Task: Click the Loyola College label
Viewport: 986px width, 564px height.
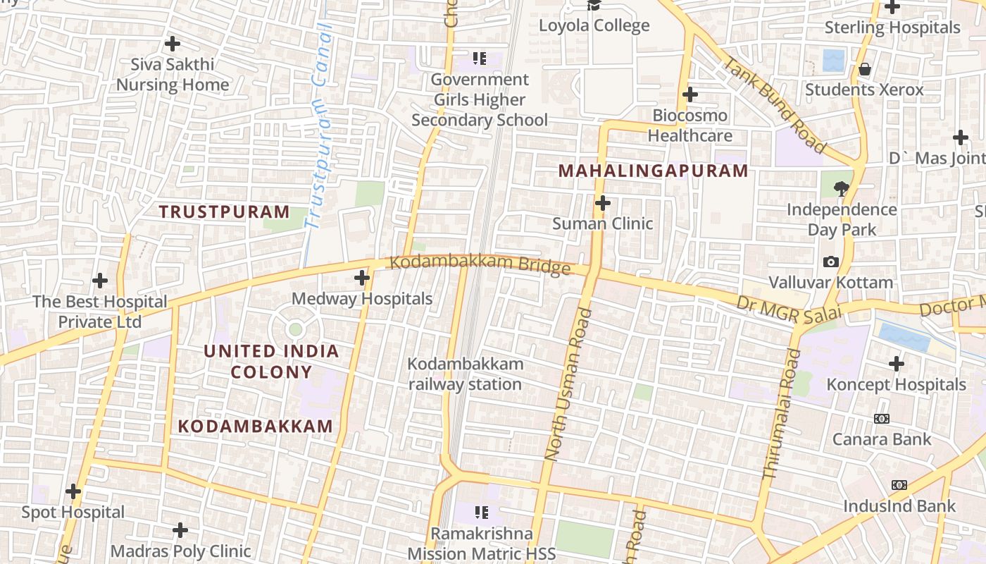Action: pyautogui.click(x=594, y=26)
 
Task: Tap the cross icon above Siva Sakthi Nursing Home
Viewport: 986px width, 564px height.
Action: pyautogui.click(x=173, y=44)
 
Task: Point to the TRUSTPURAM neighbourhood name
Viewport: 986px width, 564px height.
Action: pyautogui.click(x=224, y=211)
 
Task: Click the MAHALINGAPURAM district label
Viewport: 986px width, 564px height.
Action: pyautogui.click(x=653, y=171)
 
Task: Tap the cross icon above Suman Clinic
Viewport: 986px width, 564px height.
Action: pyautogui.click(x=602, y=204)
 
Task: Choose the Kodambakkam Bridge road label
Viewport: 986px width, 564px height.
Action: pyautogui.click(x=480, y=266)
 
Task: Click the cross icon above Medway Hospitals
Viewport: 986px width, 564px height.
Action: pyautogui.click(x=362, y=278)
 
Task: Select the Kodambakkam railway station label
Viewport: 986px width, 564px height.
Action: pyautogui.click(x=466, y=374)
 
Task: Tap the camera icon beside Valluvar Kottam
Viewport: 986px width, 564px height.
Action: pyautogui.click(x=831, y=262)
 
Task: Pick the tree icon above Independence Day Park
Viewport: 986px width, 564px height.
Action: pyautogui.click(x=841, y=188)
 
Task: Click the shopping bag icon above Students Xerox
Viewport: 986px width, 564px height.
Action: pyautogui.click(x=864, y=69)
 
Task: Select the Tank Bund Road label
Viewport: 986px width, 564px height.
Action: pyautogui.click(x=774, y=105)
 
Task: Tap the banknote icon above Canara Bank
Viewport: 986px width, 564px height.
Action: pyautogui.click(x=882, y=419)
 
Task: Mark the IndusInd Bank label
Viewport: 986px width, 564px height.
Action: pyautogui.click(x=899, y=505)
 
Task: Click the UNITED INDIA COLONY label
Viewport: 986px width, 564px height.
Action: pyautogui.click(x=271, y=361)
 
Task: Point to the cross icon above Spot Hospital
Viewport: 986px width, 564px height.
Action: pyautogui.click(x=73, y=491)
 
